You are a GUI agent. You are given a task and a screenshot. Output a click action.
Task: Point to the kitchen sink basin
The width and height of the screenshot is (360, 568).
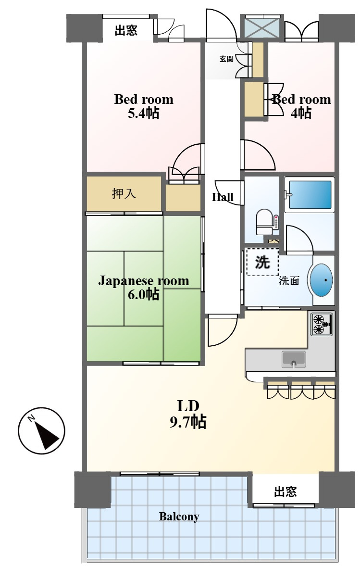294,359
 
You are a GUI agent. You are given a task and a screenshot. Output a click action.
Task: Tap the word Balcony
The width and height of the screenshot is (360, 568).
179,517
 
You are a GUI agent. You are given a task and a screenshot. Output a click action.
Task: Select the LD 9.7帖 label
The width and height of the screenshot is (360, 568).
188,414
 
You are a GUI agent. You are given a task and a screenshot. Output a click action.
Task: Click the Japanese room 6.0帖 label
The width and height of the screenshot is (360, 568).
143,287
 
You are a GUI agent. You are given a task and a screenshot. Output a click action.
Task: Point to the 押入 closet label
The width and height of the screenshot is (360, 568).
124,194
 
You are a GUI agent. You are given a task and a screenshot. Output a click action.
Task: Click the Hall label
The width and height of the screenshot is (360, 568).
223,197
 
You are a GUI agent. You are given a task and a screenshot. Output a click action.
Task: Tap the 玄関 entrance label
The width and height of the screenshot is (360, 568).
226,59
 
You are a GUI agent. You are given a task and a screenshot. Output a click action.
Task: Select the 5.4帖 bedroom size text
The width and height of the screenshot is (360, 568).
143,114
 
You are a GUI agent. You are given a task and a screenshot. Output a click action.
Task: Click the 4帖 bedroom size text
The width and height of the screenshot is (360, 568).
301,114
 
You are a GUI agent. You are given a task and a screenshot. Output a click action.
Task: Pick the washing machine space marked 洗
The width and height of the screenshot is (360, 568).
262,262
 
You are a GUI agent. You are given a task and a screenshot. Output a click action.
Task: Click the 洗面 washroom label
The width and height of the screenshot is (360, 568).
289,281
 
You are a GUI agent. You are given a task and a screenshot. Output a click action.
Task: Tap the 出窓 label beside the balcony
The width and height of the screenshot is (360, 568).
286,492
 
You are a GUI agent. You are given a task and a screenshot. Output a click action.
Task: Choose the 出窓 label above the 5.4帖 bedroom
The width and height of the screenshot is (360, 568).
126,30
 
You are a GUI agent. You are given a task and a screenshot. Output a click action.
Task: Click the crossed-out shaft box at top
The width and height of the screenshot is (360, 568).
262,27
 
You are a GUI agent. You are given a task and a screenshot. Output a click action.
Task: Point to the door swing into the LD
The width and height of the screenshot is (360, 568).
222,330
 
